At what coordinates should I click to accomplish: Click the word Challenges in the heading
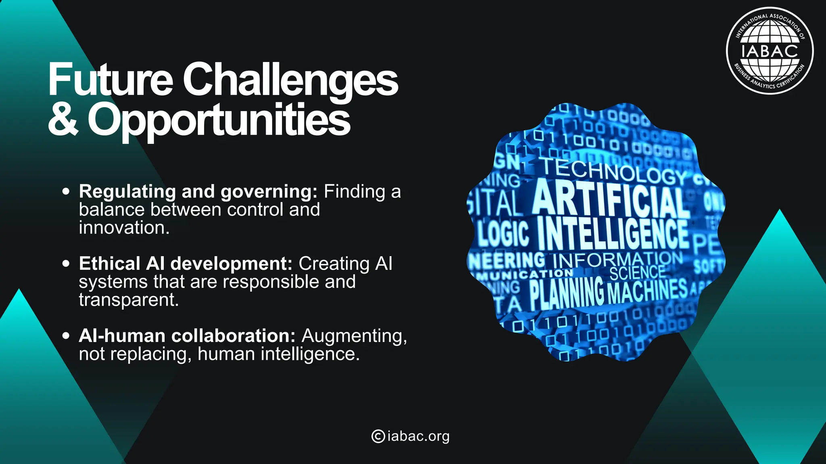pyautogui.click(x=290, y=80)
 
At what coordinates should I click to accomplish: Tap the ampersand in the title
pyautogui.click(x=63, y=119)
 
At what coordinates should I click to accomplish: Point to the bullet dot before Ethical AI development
pyautogui.click(x=66, y=263)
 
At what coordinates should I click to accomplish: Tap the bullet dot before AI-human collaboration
pyautogui.click(x=66, y=336)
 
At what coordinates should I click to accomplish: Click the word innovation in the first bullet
pyautogui.click(x=124, y=228)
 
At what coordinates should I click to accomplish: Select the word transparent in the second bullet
pyautogui.click(x=129, y=300)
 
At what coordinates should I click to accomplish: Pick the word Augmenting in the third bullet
pyautogui.click(x=354, y=336)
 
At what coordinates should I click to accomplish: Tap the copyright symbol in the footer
pyautogui.click(x=378, y=436)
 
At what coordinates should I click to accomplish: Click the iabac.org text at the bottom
pyautogui.click(x=418, y=436)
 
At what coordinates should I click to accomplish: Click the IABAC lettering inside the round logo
pyautogui.click(x=770, y=51)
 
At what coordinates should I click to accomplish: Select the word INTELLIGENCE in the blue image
pyautogui.click(x=613, y=234)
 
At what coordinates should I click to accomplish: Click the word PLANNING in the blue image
pyautogui.click(x=566, y=292)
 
